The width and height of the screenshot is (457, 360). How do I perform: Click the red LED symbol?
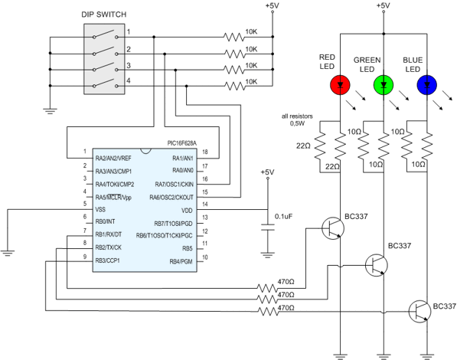click(x=338, y=83)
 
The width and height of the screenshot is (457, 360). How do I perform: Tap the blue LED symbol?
click(x=426, y=83)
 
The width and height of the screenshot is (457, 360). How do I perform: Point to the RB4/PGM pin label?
click(x=184, y=261)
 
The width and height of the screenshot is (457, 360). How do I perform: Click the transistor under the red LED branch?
click(x=333, y=227)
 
